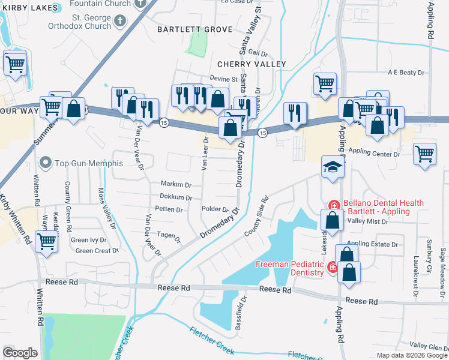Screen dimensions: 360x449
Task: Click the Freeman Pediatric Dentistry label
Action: pos(291,268)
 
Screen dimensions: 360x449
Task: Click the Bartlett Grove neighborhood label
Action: pos(186,29)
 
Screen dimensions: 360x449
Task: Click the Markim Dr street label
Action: pos(175,184)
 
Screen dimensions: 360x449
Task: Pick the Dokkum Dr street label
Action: pos(176,197)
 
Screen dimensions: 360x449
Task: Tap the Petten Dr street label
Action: pos(169,209)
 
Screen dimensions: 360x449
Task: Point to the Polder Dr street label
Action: pos(216,210)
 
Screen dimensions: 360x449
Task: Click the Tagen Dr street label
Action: pos(169,236)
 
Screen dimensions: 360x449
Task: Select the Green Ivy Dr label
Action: pos(89,240)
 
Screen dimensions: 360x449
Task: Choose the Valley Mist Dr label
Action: pos(369,221)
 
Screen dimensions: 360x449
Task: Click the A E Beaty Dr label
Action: pos(406,73)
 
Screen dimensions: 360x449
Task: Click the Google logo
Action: pos(20,353)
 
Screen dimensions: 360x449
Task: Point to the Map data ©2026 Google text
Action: pos(412,355)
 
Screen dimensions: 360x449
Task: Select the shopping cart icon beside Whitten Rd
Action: pos(46,242)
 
